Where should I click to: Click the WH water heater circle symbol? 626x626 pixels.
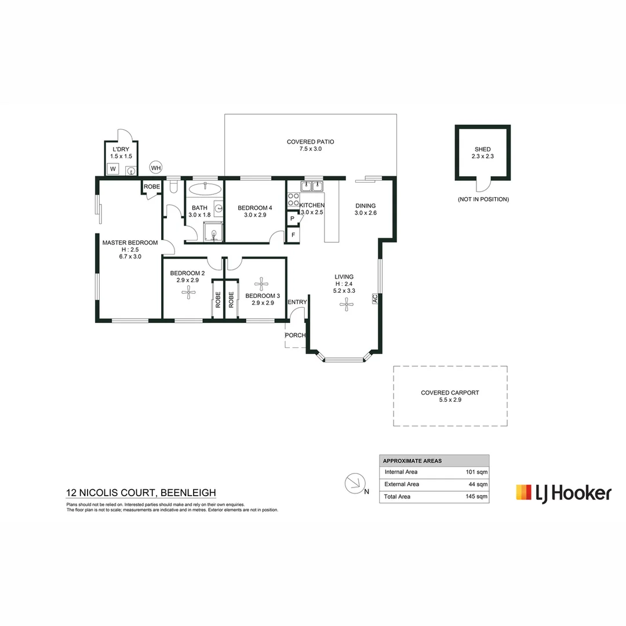pyautogui.click(x=156, y=168)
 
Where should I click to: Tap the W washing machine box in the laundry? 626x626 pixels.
pyautogui.click(x=114, y=169)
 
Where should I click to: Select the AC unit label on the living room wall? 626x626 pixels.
pyautogui.click(x=375, y=299)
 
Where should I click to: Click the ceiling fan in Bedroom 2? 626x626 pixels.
pyautogui.click(x=187, y=293)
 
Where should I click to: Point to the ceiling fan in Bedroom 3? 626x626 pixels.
pyautogui.click(x=262, y=284)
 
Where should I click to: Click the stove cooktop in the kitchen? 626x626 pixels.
pyautogui.click(x=293, y=200)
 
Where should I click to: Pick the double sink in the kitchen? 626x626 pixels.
pyautogui.click(x=312, y=186)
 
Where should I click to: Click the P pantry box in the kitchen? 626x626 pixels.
pyautogui.click(x=293, y=219)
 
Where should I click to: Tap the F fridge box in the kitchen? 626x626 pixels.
pyautogui.click(x=293, y=235)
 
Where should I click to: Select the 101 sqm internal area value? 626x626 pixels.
pyautogui.click(x=476, y=472)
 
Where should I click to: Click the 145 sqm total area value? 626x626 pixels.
pyautogui.click(x=476, y=497)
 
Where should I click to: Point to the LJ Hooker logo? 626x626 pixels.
pyautogui.click(x=563, y=493)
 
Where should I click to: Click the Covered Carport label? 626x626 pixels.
pyautogui.click(x=450, y=396)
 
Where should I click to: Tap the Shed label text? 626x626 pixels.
pyautogui.click(x=482, y=153)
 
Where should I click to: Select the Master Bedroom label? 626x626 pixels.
pyautogui.click(x=130, y=249)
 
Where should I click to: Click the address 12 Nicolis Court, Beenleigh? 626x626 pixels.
pyautogui.click(x=141, y=493)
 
